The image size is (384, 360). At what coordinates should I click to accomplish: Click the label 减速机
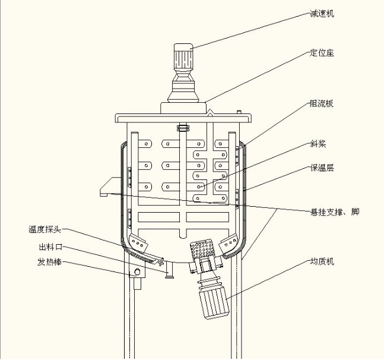(x=322, y=14)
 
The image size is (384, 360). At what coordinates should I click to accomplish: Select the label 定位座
(x=322, y=53)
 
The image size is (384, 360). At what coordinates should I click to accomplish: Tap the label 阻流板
(x=322, y=103)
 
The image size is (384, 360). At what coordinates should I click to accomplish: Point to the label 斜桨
(x=318, y=144)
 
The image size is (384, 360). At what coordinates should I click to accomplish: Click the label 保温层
(x=322, y=168)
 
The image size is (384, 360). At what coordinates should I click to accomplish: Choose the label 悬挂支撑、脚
(x=335, y=211)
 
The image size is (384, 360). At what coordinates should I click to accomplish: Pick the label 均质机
(x=322, y=261)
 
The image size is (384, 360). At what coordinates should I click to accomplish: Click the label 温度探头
(x=45, y=229)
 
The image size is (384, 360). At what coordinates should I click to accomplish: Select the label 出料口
(x=50, y=247)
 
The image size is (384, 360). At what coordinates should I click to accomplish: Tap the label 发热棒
(x=49, y=262)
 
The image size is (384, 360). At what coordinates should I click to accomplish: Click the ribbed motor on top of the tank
(x=183, y=56)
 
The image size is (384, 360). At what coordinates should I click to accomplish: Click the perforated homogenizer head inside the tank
(x=202, y=248)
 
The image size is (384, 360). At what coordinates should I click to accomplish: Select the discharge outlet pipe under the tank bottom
(x=169, y=270)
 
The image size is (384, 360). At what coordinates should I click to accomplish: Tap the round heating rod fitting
(x=137, y=271)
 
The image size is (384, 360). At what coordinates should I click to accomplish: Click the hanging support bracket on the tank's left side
(x=111, y=187)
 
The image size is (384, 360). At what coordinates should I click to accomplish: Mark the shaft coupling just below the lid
(x=183, y=128)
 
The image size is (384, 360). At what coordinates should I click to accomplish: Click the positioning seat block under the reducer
(x=183, y=108)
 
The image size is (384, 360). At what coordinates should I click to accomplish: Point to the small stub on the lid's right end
(x=239, y=112)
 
